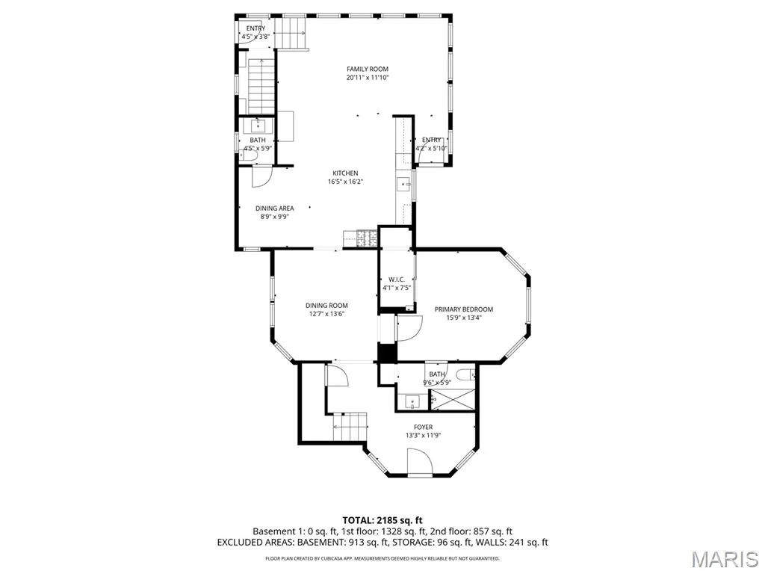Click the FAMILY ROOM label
click(368, 70)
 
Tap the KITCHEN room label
click(345, 173)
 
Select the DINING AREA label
click(275, 209)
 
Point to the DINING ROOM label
click(327, 306)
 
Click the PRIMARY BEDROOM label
click(464, 309)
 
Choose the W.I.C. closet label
click(397, 280)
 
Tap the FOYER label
click(423, 427)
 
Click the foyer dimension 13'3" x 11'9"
click(424, 436)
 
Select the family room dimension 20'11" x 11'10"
click(368, 78)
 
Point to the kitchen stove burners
click(368, 238)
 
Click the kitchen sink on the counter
click(404, 185)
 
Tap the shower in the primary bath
click(453, 400)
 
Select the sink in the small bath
click(258, 126)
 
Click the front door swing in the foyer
click(420, 462)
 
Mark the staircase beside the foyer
click(350, 427)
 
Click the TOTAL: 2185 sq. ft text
click(382, 520)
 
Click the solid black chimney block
click(388, 353)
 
